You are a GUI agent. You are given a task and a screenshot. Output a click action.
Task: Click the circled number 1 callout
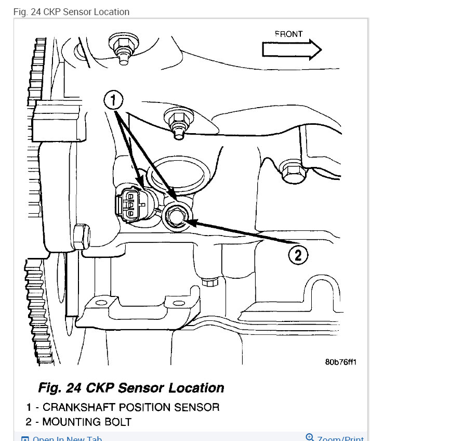pyautogui.click(x=114, y=100)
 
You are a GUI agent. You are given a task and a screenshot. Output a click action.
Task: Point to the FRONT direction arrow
pyautogui.click(x=292, y=50)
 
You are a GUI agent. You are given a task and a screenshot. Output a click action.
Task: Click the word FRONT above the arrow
pyautogui.click(x=288, y=34)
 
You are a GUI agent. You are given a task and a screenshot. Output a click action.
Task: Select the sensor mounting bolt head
pyautogui.click(x=175, y=216)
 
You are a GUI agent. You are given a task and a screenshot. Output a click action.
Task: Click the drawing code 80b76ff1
pyautogui.click(x=340, y=362)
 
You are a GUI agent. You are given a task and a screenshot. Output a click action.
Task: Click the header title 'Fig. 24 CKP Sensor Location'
pyautogui.click(x=71, y=11)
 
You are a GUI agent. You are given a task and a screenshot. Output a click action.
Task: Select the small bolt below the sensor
pyautogui.click(x=210, y=282)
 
